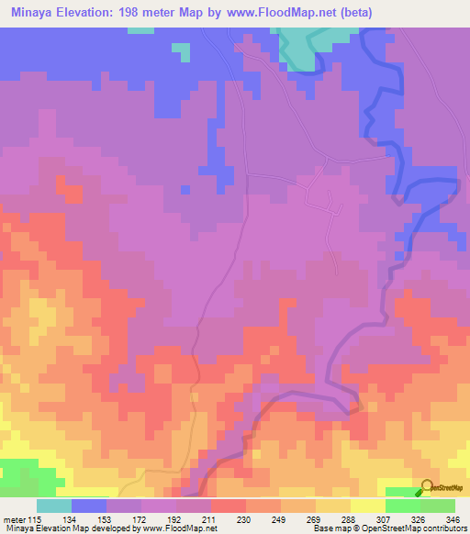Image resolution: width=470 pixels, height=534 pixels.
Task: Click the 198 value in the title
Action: pos(162,13)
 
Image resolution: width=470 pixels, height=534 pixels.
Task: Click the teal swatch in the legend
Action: pos(54,506)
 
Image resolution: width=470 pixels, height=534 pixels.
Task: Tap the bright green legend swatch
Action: pos(402,506)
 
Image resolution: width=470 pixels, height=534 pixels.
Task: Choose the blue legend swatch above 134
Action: pos(89,506)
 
